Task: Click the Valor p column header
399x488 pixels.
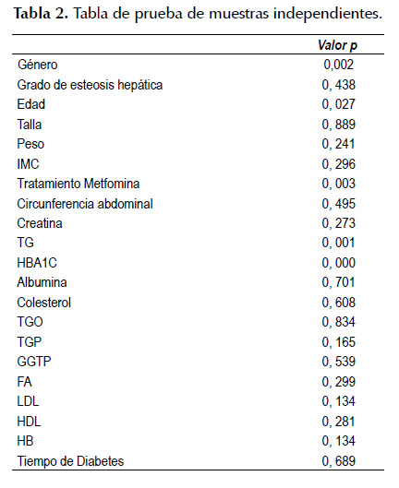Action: click(337, 45)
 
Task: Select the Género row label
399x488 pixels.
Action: click(37, 65)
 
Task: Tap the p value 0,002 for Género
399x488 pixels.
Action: click(339, 65)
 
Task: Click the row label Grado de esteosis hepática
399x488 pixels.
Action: click(90, 85)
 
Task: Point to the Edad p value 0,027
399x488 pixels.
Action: click(339, 104)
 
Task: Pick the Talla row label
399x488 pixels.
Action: click(30, 125)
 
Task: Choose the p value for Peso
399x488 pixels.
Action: click(339, 144)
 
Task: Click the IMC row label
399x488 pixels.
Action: click(28, 164)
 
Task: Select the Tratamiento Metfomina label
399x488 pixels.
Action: click(79, 184)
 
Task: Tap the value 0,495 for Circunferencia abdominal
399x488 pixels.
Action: click(339, 204)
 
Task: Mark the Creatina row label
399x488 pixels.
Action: click(40, 223)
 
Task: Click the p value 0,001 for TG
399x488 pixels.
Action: click(339, 243)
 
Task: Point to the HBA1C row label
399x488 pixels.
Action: click(37, 263)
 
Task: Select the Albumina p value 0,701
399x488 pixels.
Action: click(339, 282)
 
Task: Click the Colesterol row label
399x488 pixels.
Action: click(44, 303)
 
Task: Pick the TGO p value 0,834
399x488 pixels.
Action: click(339, 322)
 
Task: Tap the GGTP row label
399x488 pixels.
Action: click(34, 362)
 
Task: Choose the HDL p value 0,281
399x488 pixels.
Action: click(339, 422)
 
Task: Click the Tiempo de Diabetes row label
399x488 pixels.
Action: click(70, 461)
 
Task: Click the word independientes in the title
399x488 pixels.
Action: click(328, 14)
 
